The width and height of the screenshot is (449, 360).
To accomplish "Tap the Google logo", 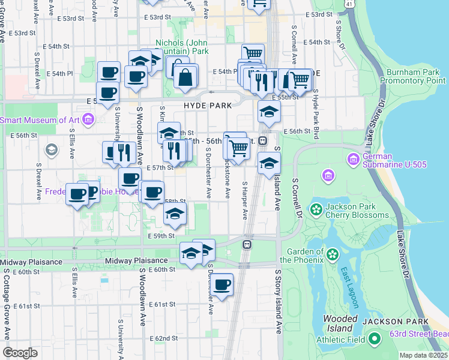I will [x=20, y=352].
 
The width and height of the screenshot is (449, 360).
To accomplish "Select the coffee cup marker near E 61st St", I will [x=221, y=284].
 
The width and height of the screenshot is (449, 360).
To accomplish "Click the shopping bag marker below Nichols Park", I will [x=186, y=77].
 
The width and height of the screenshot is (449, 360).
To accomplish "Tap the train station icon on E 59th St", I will [x=247, y=245].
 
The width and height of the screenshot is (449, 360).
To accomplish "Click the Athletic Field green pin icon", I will [x=375, y=340].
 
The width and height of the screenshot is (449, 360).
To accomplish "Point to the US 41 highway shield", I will [x=349, y=4].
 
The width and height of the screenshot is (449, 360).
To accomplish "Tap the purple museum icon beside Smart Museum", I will [x=88, y=119].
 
